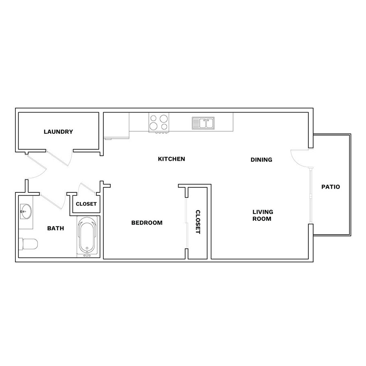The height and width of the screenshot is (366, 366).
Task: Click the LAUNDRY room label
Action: pos(58,132)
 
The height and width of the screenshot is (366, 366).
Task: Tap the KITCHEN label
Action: pos(172,159)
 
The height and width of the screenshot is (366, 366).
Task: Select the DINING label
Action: pos(261,160)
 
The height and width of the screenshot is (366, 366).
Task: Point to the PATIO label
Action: pos(331,187)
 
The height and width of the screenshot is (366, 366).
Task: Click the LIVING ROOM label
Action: pos(263,215)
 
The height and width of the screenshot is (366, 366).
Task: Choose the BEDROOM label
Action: pos(147,223)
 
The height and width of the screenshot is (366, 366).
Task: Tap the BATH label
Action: pos(56,228)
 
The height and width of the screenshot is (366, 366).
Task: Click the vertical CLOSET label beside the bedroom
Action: pos(198,222)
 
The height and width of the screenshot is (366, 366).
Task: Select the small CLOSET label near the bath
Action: pos(86,204)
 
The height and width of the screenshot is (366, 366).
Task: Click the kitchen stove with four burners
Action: pos(159,123)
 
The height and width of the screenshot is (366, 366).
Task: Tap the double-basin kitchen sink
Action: pos(203,123)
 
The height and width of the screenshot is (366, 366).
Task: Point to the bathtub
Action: pos(87,236)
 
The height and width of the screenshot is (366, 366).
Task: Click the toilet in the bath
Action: pos(28,244)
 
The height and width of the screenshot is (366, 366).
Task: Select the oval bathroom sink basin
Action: pos(26,211)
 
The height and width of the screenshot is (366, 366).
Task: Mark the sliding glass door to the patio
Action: pos(310,196)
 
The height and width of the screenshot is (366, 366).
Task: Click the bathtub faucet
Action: pos(87,255)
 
